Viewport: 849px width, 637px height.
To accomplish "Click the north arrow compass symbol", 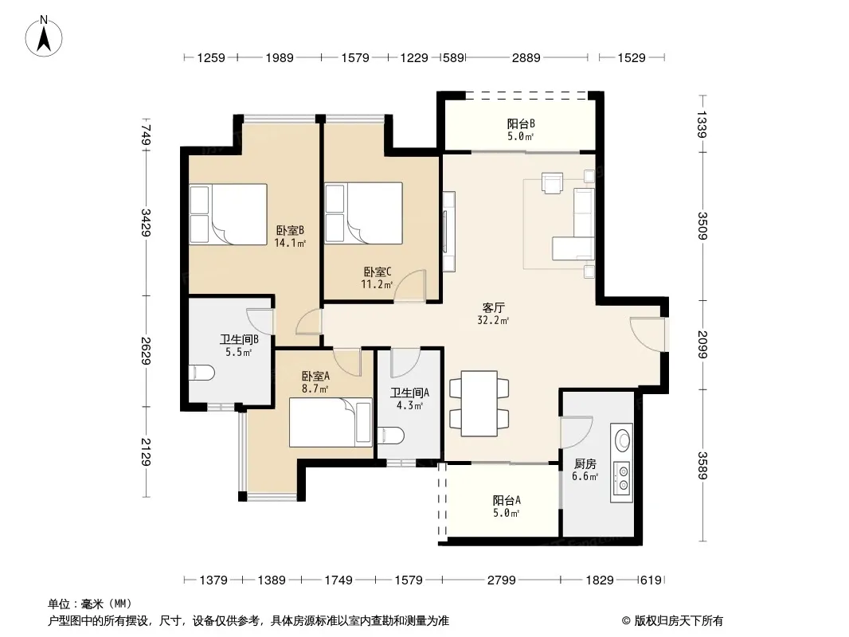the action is [x=44, y=36].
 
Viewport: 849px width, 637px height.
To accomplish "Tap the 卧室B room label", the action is [x=290, y=231].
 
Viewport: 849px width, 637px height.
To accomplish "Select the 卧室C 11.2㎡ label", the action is [x=377, y=278].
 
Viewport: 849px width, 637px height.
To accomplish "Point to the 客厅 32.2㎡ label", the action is [x=493, y=314].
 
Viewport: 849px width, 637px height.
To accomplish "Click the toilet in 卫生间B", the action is [x=201, y=373].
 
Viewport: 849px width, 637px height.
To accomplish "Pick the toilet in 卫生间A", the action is [x=390, y=435].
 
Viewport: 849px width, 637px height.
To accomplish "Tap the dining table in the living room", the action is [x=479, y=403].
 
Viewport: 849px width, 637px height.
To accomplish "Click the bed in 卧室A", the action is [x=331, y=422].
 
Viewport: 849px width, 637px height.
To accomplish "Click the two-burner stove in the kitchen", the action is [x=622, y=478].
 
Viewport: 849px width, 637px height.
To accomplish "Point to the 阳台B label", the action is [x=521, y=124].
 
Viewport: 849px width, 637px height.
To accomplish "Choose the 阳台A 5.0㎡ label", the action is [x=507, y=506].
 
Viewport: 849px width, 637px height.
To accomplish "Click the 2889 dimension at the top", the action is [x=526, y=57].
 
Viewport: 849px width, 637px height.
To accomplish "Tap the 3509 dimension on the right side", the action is [x=702, y=225].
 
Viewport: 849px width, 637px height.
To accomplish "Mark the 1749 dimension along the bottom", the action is [x=338, y=580].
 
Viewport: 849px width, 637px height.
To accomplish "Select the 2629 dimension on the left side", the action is [x=146, y=350].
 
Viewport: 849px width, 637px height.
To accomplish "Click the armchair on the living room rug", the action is [x=552, y=182].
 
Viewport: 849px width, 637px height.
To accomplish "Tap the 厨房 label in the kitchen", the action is [x=585, y=463].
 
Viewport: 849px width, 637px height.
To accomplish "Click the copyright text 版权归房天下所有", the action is [x=679, y=621].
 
